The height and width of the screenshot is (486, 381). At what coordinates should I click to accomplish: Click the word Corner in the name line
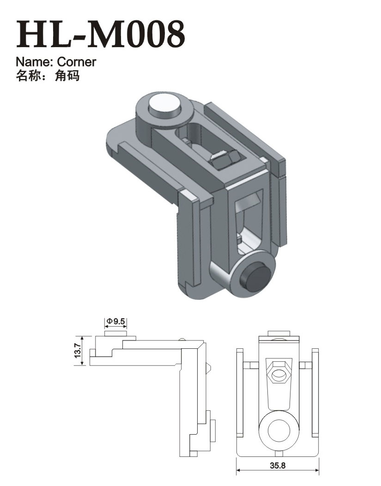pos(77,62)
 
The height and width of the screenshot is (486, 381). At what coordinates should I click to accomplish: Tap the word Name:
pos(35,62)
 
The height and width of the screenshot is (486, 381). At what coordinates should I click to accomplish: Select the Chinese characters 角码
pos(67,76)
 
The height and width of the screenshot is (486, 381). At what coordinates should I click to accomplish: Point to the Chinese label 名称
pos(28,76)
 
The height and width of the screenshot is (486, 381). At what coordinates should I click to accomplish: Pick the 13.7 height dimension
pos(78,351)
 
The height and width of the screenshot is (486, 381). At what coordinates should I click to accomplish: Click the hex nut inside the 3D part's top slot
pos(224,158)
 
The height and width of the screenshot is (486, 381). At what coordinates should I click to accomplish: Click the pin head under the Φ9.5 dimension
pos(116,334)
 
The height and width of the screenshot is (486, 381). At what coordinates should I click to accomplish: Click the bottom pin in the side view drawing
pos(213,431)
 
